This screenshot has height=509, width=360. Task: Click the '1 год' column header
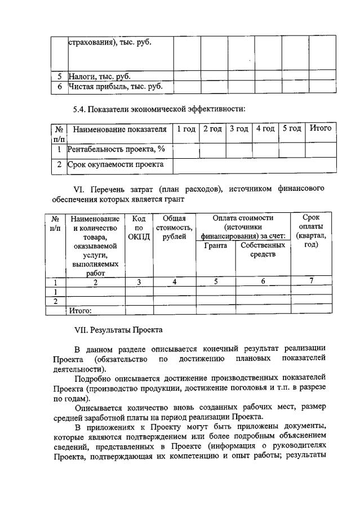(186, 130)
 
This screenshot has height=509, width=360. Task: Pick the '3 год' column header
(239, 130)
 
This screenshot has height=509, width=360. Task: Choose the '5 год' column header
(292, 130)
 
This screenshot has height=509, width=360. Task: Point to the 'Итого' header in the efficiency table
(321, 130)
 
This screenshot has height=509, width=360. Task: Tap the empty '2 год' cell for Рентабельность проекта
(212, 150)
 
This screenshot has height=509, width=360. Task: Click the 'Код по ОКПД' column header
(139, 227)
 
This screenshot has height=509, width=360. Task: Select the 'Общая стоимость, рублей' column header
(174, 227)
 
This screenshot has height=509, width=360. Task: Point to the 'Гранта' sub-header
(216, 246)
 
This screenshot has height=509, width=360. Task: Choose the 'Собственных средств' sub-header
(263, 251)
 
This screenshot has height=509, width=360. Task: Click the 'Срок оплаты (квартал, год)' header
(311, 231)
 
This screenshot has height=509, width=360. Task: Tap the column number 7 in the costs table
(312, 282)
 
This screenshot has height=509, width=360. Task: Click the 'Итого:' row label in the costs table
(80, 310)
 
